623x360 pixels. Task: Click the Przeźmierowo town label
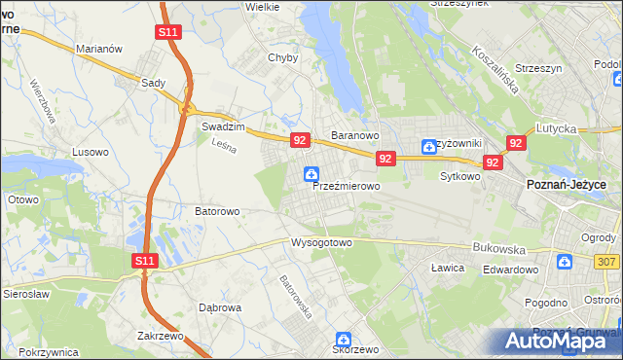tap(346, 185)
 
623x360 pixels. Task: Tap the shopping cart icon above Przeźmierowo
tap(311, 175)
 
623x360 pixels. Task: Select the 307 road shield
tap(607, 261)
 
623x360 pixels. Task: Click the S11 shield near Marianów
tap(167, 32)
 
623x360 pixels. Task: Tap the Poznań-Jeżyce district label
tap(567, 185)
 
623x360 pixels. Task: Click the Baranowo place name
tap(354, 135)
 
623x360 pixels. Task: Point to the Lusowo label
tap(92, 152)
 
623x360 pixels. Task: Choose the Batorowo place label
tap(217, 210)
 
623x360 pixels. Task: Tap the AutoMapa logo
tap(556, 341)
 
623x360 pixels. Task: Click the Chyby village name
tap(282, 57)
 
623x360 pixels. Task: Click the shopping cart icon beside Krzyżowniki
tap(429, 147)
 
